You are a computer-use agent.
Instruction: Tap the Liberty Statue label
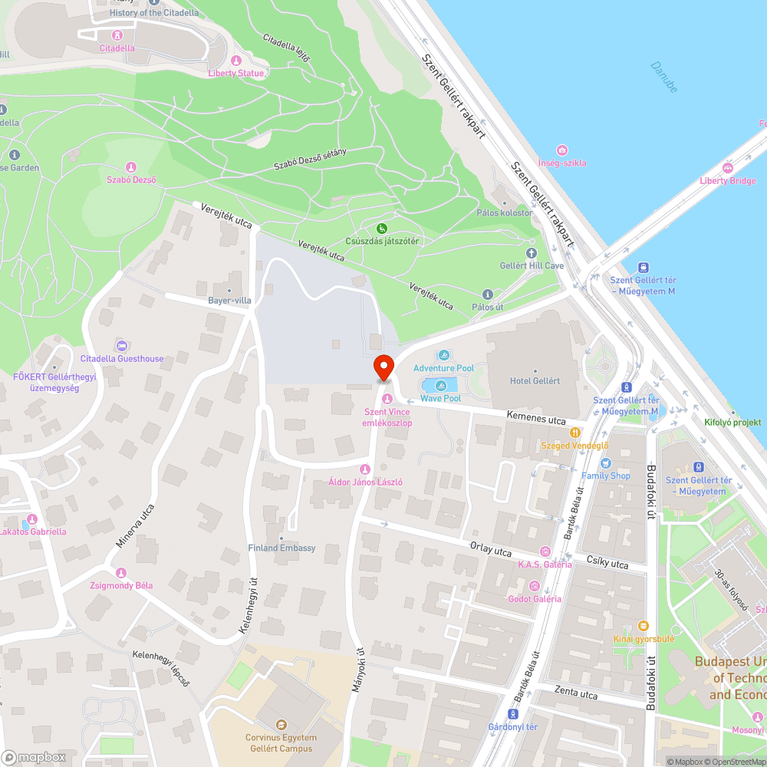pyautogui.click(x=236, y=73)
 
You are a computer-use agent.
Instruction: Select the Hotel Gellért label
pyautogui.click(x=535, y=381)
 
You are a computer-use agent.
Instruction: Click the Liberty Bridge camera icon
pyautogui.click(x=728, y=168)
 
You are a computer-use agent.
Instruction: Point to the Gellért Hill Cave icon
pyautogui.click(x=532, y=252)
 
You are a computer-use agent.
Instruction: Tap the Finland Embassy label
pyautogui.click(x=281, y=548)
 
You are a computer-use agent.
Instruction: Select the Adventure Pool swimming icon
pyautogui.click(x=443, y=355)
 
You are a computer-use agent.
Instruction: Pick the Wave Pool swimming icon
pyautogui.click(x=440, y=385)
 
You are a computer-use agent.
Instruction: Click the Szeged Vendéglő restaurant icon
pyautogui.click(x=574, y=433)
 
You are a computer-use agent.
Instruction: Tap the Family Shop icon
pyautogui.click(x=605, y=463)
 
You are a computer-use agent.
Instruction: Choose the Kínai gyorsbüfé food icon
pyautogui.click(x=643, y=625)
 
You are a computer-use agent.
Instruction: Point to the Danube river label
pyautogui.click(x=664, y=77)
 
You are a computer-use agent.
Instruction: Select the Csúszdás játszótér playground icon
pyautogui.click(x=381, y=228)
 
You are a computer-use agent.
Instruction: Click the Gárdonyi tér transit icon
pyautogui.click(x=514, y=713)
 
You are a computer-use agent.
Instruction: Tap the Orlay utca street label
pyautogui.click(x=490, y=550)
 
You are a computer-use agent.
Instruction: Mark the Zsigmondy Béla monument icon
pyautogui.click(x=120, y=573)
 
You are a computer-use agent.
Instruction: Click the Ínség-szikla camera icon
pyautogui.click(x=562, y=150)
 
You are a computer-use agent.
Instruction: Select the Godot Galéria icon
pyautogui.click(x=534, y=586)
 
